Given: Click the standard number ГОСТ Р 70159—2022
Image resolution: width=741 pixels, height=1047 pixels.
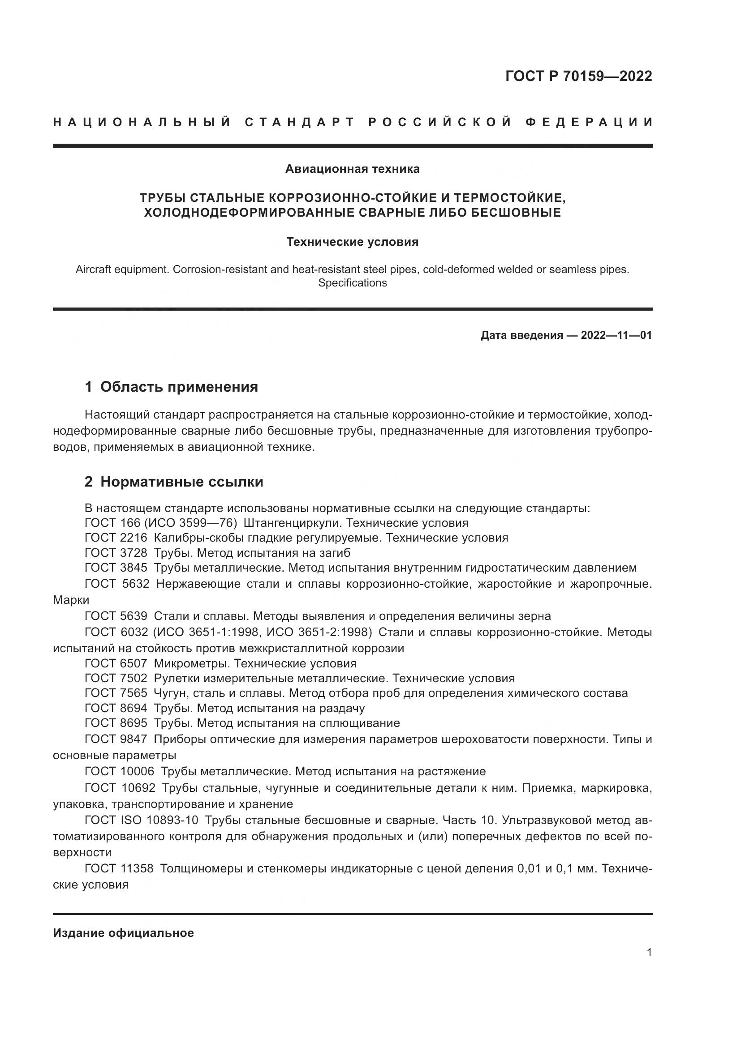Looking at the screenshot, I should point(578,76).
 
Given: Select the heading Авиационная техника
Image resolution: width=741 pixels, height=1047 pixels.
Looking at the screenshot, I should point(352,169).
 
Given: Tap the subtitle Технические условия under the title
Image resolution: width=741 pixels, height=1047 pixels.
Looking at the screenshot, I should point(352,242).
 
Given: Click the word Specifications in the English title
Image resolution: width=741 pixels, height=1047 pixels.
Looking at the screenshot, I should point(352,283).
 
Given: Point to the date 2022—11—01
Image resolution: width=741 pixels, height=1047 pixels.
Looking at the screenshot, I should point(616,336).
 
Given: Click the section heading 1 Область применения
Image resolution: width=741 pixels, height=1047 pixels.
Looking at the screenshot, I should point(171,387).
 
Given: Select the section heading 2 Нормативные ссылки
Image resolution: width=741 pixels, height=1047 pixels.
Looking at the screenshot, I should point(174,482).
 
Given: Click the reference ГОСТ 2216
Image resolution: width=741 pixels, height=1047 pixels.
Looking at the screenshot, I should point(116,538).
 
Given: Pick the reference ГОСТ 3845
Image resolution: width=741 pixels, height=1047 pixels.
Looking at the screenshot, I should point(116,568).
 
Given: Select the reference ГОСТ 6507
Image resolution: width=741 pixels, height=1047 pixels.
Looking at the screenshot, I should point(116,663).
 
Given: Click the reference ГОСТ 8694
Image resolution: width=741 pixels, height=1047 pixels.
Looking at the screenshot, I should point(116,708).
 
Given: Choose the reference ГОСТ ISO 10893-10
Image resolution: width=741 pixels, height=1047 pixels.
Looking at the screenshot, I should point(142,821).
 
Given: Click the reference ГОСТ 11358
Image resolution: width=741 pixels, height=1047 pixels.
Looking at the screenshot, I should point(119,869).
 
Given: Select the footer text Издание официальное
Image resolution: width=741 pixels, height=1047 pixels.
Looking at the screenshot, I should point(123,933).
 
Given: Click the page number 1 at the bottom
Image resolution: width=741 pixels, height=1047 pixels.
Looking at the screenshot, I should point(649,953).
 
